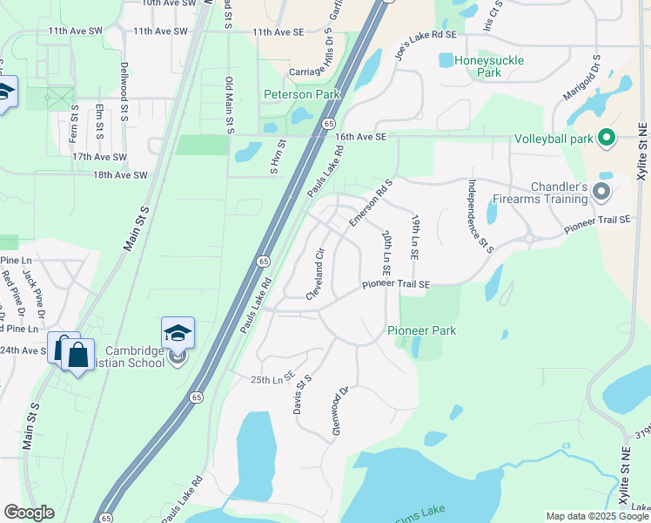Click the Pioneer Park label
coord(422,331)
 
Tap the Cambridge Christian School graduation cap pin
coord(178,335)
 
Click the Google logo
coord(29,513)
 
